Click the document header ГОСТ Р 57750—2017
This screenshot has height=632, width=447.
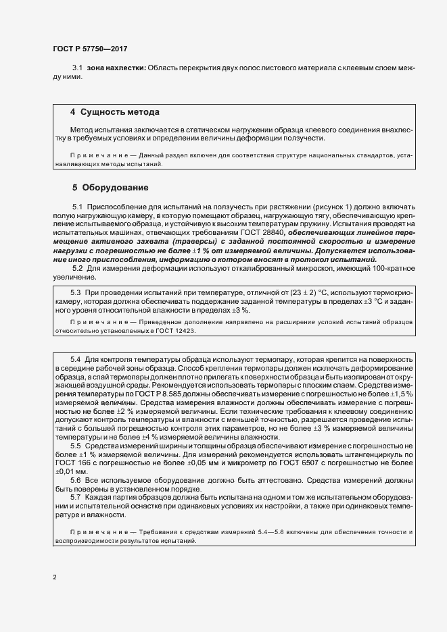click(89, 49)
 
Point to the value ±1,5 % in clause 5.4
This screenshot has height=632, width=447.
click(400, 392)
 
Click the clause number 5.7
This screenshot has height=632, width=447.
click(76, 498)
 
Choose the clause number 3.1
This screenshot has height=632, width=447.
click(76, 68)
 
